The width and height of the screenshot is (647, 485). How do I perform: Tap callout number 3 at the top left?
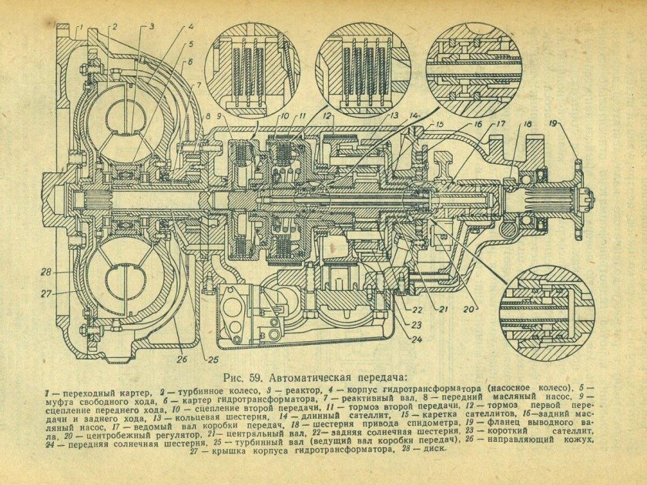[151, 27]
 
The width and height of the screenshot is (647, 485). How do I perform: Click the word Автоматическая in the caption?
[313, 378]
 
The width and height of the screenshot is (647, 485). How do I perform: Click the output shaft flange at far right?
[579, 194]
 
